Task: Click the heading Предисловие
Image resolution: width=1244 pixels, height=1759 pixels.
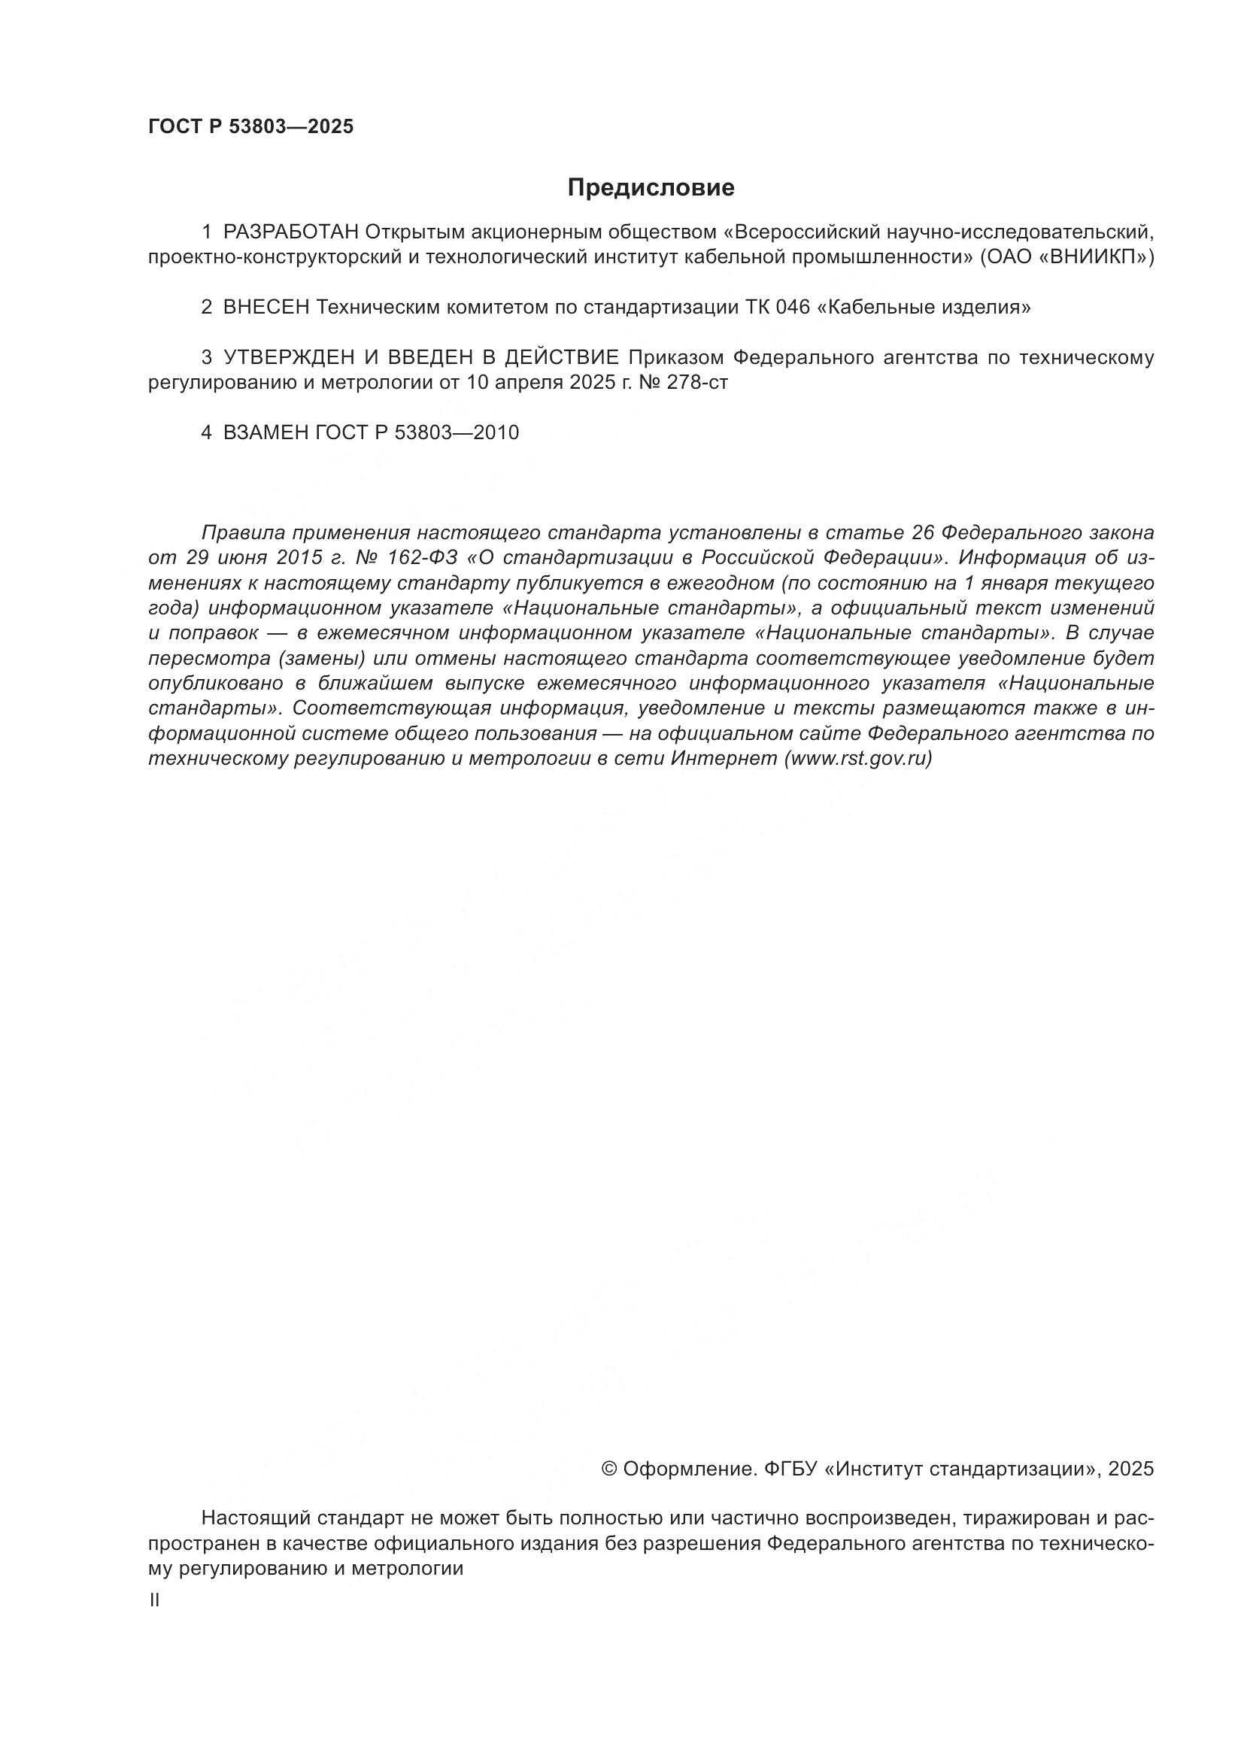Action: (651, 188)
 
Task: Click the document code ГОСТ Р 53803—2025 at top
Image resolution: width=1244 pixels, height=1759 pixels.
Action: (250, 127)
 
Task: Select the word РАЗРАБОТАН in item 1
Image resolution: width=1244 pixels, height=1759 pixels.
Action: (290, 232)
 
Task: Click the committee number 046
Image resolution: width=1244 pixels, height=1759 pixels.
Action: (790, 308)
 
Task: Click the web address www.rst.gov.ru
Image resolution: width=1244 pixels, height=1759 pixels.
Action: (855, 759)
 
